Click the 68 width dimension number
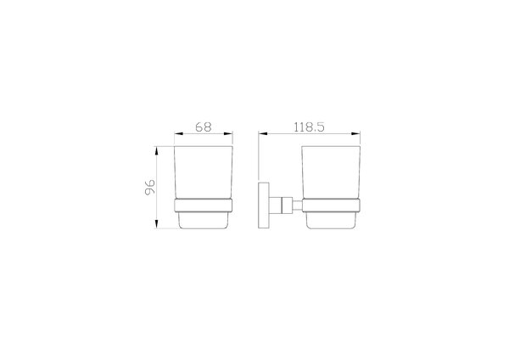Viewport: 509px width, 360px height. point(204,127)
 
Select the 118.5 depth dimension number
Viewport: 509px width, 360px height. point(309,127)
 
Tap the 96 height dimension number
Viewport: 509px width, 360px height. point(149,187)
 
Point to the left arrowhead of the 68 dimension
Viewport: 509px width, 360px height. point(179,133)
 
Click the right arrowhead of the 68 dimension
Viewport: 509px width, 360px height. point(228,133)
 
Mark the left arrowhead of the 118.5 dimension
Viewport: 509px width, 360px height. point(263,133)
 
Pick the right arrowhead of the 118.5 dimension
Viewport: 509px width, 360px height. point(356,133)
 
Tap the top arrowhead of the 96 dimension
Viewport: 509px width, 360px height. point(156,151)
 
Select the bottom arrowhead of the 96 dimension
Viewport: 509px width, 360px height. point(156,224)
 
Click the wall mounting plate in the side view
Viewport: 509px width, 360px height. point(264,205)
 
